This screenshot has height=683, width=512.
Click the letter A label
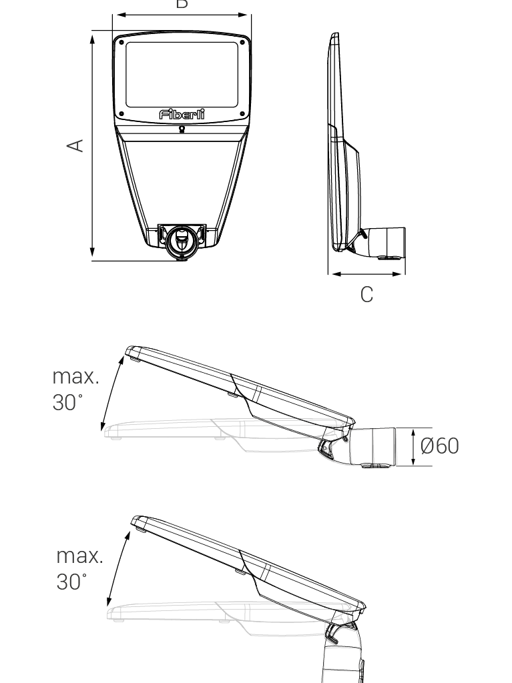click(x=77, y=145)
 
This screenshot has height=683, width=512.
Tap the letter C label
click(x=366, y=294)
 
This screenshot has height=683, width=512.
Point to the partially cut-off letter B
click(x=182, y=3)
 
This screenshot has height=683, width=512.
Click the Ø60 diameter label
click(x=439, y=446)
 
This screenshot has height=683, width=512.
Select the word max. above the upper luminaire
click(x=75, y=376)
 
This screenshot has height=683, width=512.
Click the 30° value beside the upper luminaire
click(x=67, y=402)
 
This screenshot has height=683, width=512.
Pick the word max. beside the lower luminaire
click(x=79, y=556)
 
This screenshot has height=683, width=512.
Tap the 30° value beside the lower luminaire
click(x=71, y=582)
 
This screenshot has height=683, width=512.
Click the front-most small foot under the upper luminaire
click(x=116, y=438)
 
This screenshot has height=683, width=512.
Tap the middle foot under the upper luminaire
click(x=220, y=438)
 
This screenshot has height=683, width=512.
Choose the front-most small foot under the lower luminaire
click(x=118, y=620)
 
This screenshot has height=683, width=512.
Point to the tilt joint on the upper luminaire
click(x=332, y=444)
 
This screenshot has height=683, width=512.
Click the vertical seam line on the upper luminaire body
click(x=244, y=428)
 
